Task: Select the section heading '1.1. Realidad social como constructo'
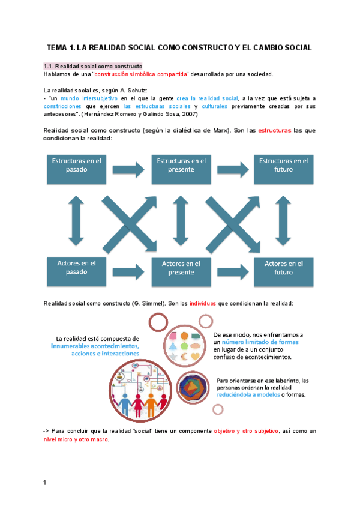click(x=92, y=65)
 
